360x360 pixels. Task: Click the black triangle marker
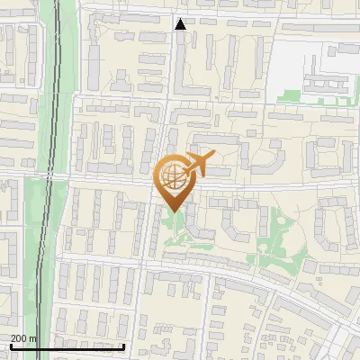[x=180, y=24]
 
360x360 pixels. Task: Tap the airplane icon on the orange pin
[x=197, y=164]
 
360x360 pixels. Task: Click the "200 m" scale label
[x=24, y=338]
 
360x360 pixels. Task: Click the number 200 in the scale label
[x=20, y=338]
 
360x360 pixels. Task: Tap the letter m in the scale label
[x=33, y=338]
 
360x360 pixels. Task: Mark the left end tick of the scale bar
[x=11, y=346]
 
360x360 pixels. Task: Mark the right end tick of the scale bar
[x=123, y=346]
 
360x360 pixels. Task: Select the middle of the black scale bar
[x=67, y=346]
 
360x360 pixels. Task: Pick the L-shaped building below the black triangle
[x=185, y=72]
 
